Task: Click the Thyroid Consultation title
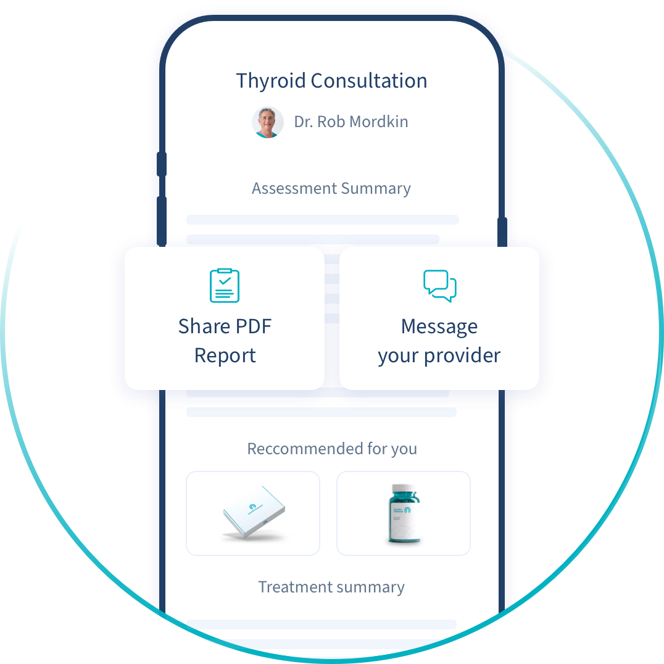331,81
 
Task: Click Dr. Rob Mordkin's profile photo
268,122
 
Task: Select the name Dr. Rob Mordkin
351,122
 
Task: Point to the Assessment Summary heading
331,188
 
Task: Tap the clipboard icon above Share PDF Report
225,286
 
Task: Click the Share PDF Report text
225,341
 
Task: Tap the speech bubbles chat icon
439,286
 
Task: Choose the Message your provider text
439,341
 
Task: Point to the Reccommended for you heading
332,449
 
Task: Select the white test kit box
253,514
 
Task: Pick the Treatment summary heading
331,587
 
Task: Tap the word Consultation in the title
369,81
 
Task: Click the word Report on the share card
225,356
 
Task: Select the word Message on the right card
439,326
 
